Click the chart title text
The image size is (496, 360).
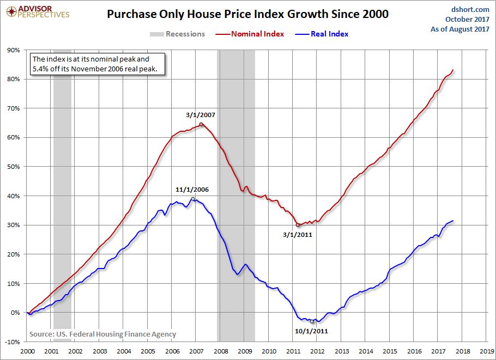(247, 14)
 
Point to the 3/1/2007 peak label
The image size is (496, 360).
(201, 115)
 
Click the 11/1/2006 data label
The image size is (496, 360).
(192, 190)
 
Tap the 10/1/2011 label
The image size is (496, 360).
(312, 331)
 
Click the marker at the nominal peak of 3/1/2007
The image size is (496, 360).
(201, 125)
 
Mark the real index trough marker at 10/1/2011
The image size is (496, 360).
(312, 321)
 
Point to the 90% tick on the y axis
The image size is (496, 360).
(13, 50)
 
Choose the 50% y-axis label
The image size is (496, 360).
(13, 167)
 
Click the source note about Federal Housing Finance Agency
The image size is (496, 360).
(102, 334)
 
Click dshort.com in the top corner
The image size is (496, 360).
(470, 9)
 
